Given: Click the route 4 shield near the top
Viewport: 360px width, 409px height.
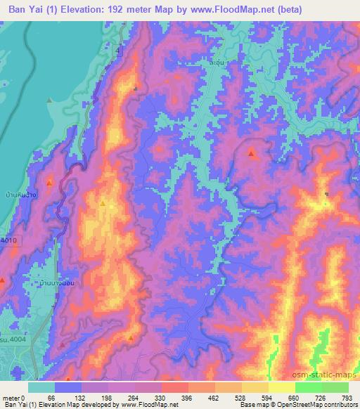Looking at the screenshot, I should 119,53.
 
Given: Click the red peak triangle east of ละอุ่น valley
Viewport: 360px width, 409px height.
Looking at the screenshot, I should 251,151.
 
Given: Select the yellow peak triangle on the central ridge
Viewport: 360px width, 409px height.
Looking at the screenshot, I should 103,204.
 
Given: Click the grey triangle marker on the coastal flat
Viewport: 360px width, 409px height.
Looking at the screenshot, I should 49,100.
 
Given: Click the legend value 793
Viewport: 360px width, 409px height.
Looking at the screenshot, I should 345,398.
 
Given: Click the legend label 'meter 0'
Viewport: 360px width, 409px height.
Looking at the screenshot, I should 13,398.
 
